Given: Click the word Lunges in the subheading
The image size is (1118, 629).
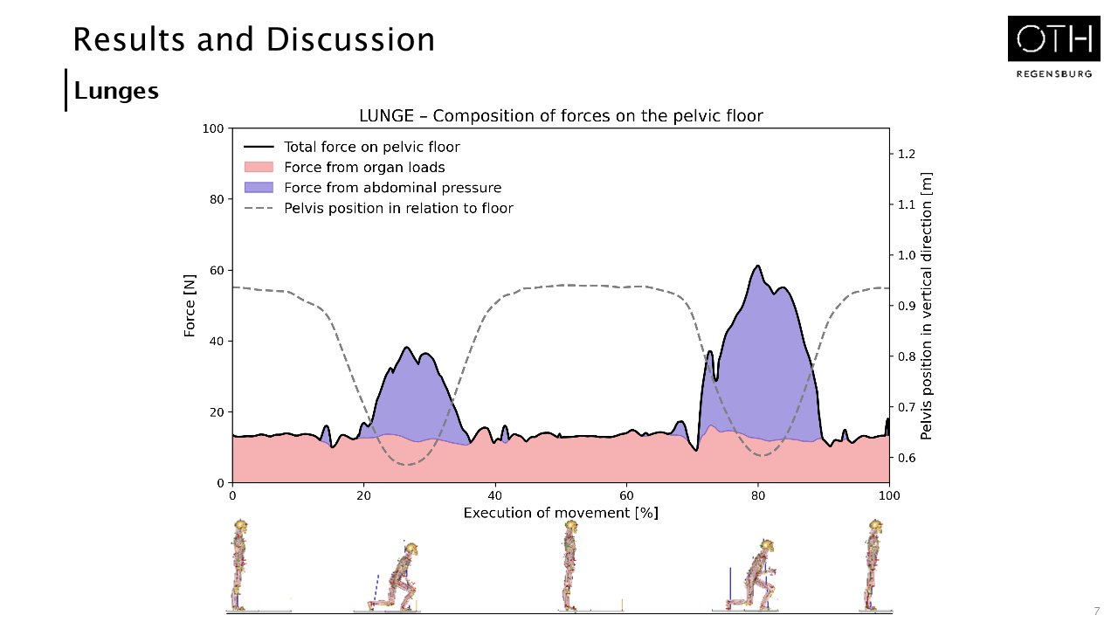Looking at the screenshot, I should coord(116,90).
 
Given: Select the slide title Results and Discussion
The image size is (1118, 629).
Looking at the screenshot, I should coord(253,39).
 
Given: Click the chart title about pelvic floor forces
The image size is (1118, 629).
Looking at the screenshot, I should coord(561,116).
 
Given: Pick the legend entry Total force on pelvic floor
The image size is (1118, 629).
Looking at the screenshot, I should coord(371,147).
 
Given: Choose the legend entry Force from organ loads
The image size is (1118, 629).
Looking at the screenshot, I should coord(364,167).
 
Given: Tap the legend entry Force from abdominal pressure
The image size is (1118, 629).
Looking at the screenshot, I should coord(392,187).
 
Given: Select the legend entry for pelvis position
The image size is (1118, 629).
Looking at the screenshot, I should coord(398,208).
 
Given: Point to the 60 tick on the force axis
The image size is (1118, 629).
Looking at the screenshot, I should coord(213,270).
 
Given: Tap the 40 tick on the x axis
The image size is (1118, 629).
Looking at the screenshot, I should coord(495,494).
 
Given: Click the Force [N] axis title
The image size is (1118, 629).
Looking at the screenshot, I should coord(190,306).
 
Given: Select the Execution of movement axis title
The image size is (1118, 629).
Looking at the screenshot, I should coord(561,512).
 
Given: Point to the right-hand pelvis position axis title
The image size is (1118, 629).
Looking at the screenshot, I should coord(927,306).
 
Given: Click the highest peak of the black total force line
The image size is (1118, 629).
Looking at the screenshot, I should coord(757,266).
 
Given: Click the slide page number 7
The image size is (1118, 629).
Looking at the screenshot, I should coord(1096,611).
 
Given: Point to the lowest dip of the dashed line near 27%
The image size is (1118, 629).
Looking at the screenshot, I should coord(406,465).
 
